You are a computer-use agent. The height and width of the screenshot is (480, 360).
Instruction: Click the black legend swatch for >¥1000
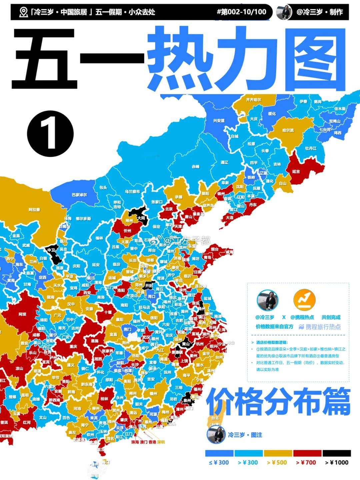click(x=336, y=453)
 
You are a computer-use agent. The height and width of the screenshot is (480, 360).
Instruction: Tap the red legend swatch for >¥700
click(x=307, y=453)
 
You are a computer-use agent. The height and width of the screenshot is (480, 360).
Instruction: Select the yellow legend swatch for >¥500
click(x=278, y=453)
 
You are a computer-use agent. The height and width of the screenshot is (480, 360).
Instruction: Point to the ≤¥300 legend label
click(x=219, y=462)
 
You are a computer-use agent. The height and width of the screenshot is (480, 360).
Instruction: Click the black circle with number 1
click(x=50, y=135)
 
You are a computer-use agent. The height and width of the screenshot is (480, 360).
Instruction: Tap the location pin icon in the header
click(x=23, y=12)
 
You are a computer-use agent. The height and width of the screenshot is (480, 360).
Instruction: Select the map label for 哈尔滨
click(x=288, y=130)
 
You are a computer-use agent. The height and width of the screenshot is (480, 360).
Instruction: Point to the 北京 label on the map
click(x=169, y=209)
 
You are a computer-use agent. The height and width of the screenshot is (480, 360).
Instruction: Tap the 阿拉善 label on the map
click(x=34, y=210)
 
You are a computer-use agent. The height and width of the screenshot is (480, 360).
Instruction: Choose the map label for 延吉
click(x=296, y=171)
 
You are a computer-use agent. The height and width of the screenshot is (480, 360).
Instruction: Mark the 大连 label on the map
click(x=230, y=217)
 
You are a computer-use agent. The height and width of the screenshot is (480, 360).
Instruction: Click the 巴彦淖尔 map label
click(x=79, y=195)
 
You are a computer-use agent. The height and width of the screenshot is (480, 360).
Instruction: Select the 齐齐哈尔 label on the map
click(x=253, y=100)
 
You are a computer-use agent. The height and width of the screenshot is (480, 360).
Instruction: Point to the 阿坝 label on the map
click(x=22, y=314)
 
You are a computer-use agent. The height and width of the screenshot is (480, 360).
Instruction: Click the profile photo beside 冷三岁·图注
click(x=216, y=435)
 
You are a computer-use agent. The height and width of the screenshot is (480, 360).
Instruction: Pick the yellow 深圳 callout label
click(x=161, y=442)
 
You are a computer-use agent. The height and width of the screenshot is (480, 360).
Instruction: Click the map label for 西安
click(x=87, y=292)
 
